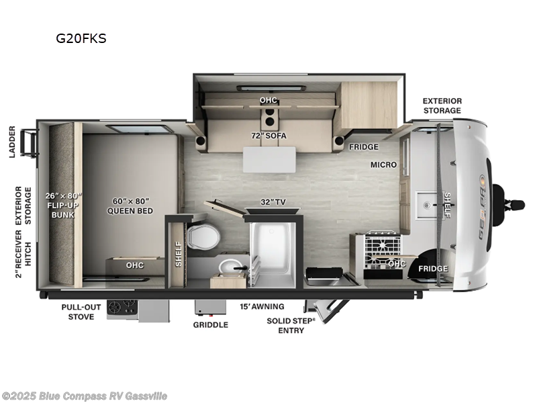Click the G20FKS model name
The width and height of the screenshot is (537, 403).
(x=81, y=38)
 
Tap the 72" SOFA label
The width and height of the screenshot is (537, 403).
(x=268, y=136)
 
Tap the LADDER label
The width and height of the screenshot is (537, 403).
(x=12, y=140)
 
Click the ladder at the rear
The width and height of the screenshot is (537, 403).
(x=28, y=141)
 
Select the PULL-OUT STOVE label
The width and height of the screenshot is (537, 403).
(x=81, y=311)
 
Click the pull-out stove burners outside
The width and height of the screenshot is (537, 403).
(x=121, y=308)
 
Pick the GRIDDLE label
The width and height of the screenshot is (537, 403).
(x=211, y=324)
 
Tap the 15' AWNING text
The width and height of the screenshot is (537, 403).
(x=262, y=306)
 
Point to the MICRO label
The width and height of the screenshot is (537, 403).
(x=383, y=165)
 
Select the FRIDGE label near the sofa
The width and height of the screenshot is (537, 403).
(x=363, y=146)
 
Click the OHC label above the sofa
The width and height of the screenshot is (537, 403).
(x=268, y=100)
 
